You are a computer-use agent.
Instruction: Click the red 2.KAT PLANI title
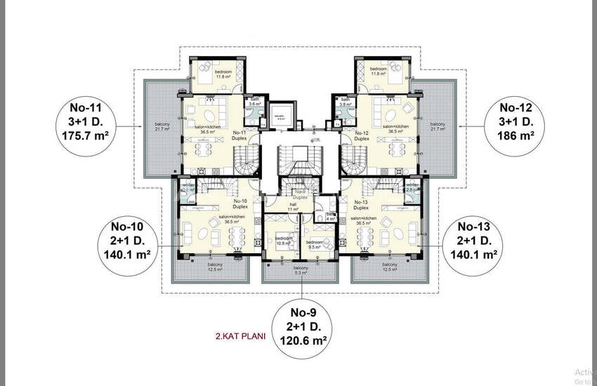(241, 335)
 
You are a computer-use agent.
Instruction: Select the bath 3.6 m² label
(254, 102)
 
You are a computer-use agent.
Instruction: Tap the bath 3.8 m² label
(346, 102)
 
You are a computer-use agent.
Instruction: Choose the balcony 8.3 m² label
(301, 271)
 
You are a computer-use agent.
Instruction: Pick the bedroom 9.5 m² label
(313, 245)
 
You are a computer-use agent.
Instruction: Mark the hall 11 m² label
(293, 208)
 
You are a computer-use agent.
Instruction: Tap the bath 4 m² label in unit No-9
(321, 217)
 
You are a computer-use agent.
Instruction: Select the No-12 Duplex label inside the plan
(362, 135)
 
